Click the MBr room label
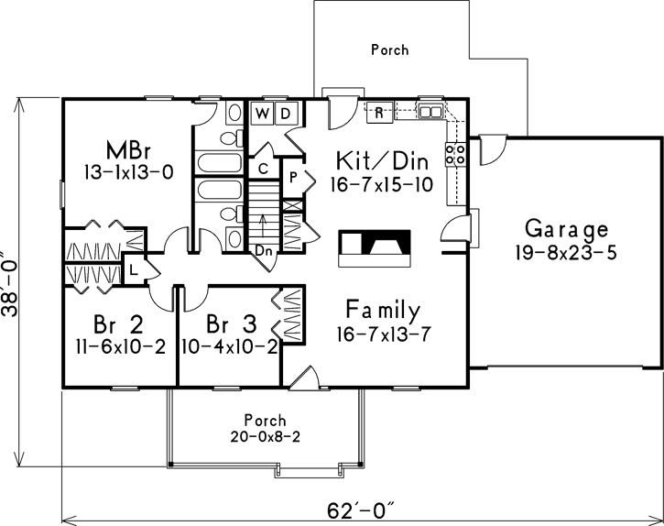(x=128, y=149)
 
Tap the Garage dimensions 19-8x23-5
(x=566, y=253)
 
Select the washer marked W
(x=263, y=114)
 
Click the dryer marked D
(x=287, y=114)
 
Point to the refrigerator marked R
(x=379, y=113)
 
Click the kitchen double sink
(x=430, y=111)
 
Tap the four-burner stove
(x=455, y=155)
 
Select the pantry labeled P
(x=293, y=178)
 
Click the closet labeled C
(x=263, y=169)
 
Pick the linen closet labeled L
(x=134, y=269)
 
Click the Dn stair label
(x=263, y=251)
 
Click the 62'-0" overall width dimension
(x=361, y=510)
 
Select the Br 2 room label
(x=118, y=325)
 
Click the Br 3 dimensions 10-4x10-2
(x=230, y=347)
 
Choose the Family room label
(x=383, y=310)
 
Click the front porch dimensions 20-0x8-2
(x=265, y=436)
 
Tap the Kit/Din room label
(x=382, y=160)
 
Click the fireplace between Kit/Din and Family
(x=375, y=248)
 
